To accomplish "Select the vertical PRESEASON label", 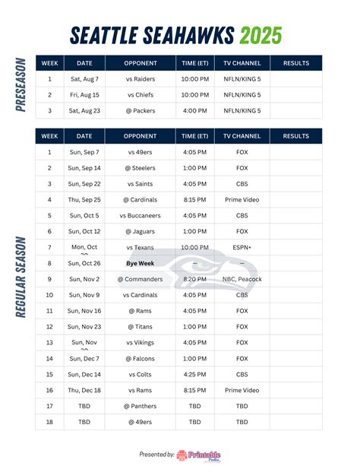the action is click(21, 86).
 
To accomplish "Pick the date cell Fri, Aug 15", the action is click(84, 94).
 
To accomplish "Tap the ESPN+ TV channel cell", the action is click(242, 247).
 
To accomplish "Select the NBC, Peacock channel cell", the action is click(242, 279).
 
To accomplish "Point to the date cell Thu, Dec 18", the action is click(84, 390).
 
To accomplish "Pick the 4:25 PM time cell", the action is click(194, 374).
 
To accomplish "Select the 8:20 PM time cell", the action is click(194, 279).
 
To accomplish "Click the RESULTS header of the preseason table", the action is click(295, 62).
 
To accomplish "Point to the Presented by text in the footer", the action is click(156, 455).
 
